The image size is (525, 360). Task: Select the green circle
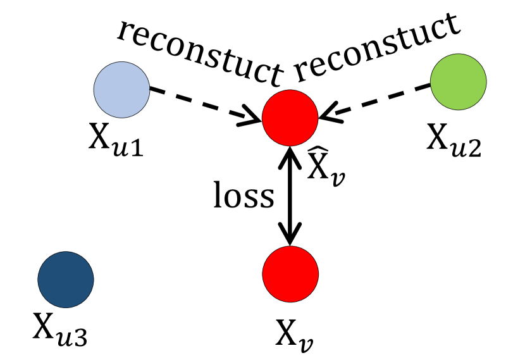458,82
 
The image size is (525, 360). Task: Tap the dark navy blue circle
66,278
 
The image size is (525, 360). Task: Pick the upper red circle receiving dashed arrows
290,118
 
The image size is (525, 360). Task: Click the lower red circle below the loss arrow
290,273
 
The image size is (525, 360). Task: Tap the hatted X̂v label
326,166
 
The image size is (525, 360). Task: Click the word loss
244,197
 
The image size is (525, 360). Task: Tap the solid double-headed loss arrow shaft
290,196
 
